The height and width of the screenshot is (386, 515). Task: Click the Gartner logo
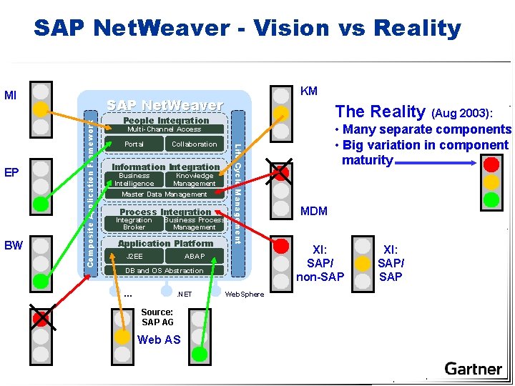(473, 369)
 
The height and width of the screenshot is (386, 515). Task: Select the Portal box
(134, 144)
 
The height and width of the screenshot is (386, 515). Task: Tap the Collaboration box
(194, 144)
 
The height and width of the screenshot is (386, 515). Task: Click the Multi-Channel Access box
(164, 129)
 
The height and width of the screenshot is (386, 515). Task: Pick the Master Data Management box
(164, 194)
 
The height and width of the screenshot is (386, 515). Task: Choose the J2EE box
(134, 256)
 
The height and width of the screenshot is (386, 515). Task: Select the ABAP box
(195, 256)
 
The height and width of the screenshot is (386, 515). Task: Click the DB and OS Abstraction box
(164, 270)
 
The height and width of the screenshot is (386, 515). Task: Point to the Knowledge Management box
(194, 179)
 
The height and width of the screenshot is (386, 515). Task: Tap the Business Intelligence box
(134, 179)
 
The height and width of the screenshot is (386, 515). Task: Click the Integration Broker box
(134, 224)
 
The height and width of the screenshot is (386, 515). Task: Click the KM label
(309, 91)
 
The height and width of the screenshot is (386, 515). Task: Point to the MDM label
(314, 211)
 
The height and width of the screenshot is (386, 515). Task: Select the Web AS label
(159, 340)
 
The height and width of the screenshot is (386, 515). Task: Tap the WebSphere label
(244, 294)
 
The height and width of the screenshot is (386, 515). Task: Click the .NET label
(184, 294)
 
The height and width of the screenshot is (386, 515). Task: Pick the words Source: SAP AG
(157, 317)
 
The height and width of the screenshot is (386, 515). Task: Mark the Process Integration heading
(165, 212)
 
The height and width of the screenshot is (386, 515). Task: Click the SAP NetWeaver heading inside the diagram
(165, 105)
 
